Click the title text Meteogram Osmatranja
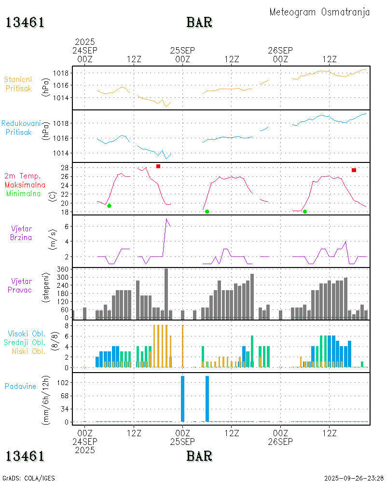point(319,12)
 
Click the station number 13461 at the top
point(25,22)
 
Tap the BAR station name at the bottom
point(199,455)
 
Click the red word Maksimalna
point(25,185)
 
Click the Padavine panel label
point(20,386)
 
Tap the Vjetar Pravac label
point(22,285)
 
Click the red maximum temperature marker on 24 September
point(158,166)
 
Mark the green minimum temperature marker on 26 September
point(305,212)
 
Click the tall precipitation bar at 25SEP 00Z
point(183,399)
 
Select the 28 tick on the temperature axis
point(64,168)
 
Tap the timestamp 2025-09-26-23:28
point(353,478)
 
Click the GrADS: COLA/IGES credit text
point(28,478)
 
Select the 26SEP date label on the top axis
point(280,50)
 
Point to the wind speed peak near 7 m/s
point(166,219)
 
